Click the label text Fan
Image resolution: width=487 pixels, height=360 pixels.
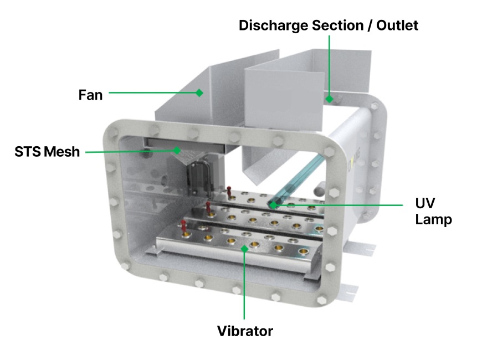click(x=90, y=94)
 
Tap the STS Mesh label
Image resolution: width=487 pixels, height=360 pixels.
click(x=47, y=151)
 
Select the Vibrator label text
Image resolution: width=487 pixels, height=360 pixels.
click(x=245, y=331)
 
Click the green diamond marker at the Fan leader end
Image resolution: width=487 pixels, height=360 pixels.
click(x=199, y=92)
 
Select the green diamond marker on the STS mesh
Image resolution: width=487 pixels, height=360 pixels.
click(x=177, y=150)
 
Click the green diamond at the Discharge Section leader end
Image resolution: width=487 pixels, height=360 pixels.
click(x=329, y=99)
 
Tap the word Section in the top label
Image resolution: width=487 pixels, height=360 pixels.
click(x=334, y=25)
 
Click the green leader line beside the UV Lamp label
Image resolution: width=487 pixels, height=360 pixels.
click(x=344, y=204)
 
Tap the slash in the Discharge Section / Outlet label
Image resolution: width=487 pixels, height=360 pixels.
click(x=363, y=25)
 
